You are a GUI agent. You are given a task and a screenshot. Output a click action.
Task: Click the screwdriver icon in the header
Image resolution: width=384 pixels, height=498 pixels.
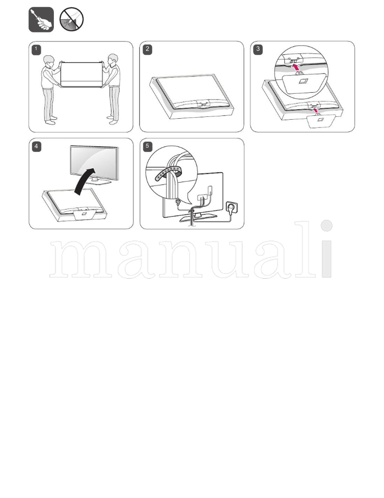(41, 20)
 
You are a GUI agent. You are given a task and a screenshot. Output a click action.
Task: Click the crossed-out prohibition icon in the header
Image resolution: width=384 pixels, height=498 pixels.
(72, 20)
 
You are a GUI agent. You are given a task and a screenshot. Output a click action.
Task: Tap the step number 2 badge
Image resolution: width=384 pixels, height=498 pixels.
(147, 49)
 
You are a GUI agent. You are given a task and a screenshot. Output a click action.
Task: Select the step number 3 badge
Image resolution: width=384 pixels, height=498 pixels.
(258, 49)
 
